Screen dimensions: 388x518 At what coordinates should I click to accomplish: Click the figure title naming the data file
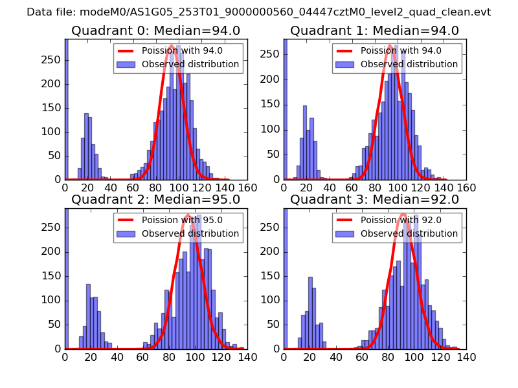coord(259,12)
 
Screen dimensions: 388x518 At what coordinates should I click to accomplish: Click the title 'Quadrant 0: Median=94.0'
coord(155,30)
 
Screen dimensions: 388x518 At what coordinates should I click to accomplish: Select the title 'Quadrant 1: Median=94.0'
coord(374,30)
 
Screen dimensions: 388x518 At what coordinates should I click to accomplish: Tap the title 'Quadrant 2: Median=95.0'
coord(155,199)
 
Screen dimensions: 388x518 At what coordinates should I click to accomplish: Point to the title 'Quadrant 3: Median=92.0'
coord(374,199)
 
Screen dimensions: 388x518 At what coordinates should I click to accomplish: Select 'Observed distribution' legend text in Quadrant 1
coord(409,64)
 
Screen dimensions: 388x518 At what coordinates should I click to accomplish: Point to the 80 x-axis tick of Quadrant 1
coord(375,188)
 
